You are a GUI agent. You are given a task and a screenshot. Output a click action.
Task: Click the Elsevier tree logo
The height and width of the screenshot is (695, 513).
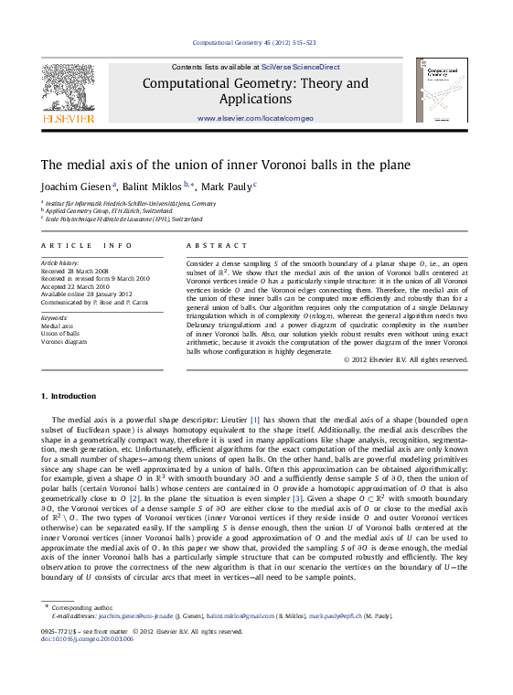pyautogui.click(x=69, y=87)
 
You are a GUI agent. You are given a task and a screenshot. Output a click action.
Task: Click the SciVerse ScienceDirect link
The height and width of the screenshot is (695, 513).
pyautogui.click(x=300, y=67)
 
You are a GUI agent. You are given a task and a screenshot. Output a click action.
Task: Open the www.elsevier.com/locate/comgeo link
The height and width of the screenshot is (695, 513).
pyautogui.click(x=255, y=119)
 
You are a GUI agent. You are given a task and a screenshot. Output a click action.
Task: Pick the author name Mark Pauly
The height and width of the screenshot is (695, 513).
pyautogui.click(x=228, y=186)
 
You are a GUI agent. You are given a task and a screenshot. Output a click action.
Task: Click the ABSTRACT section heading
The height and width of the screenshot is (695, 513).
pyautogui.click(x=217, y=246)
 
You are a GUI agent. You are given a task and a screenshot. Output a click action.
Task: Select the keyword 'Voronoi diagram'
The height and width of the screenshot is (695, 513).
pyautogui.click(x=63, y=341)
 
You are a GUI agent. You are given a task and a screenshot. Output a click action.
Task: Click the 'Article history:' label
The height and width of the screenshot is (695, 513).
pyautogui.click(x=61, y=262)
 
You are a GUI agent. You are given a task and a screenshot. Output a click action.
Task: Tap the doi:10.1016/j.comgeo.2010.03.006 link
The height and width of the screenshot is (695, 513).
pyautogui.click(x=88, y=638)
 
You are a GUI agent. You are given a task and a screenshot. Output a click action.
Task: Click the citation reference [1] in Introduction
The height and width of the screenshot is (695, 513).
pyautogui.click(x=255, y=419)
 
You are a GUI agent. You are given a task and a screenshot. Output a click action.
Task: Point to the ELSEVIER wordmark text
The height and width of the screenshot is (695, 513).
pyautogui.click(x=68, y=119)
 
